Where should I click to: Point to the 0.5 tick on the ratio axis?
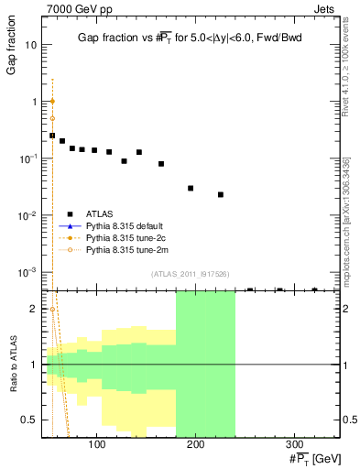[x=30, y=420]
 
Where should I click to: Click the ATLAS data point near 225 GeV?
[x=221, y=194]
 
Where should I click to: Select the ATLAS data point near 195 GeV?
[x=191, y=188]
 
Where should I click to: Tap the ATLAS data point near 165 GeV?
[x=161, y=164]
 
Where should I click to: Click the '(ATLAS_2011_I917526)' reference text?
[x=191, y=274]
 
